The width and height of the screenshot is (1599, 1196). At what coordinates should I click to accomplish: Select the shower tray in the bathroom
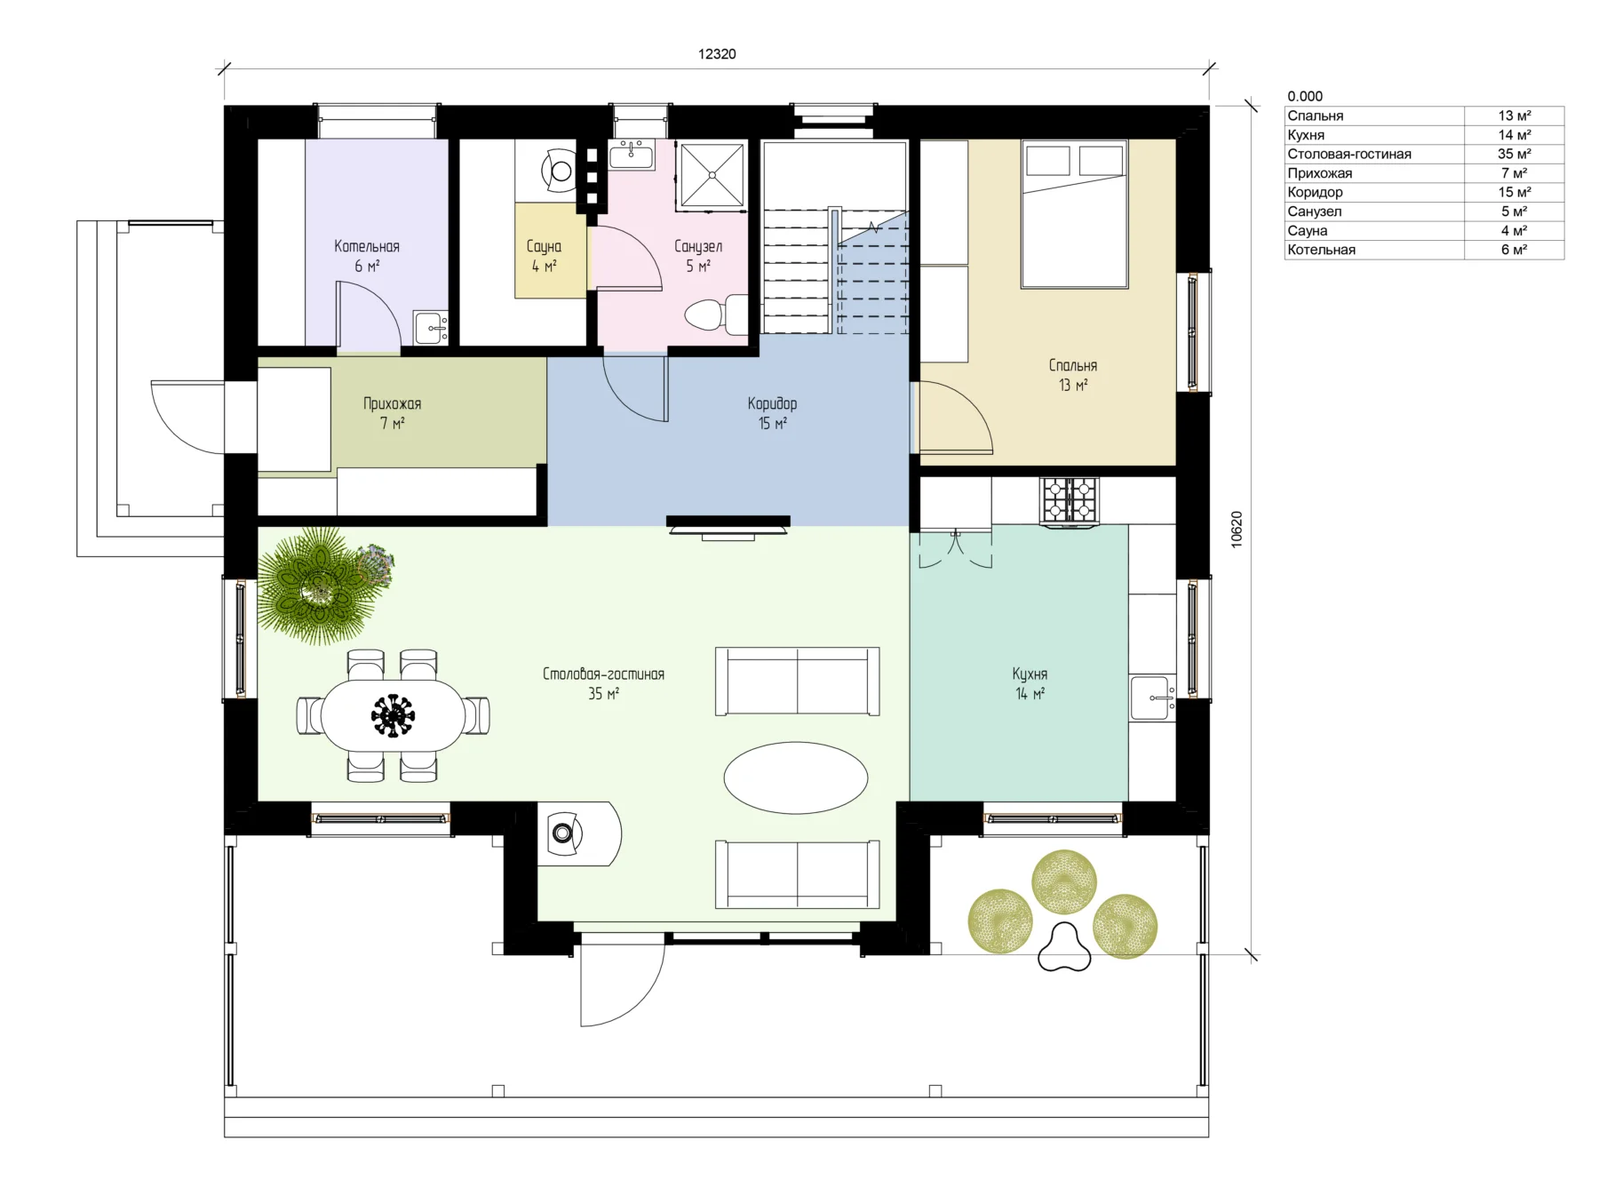712,175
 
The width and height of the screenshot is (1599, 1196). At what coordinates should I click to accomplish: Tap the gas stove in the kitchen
1070,499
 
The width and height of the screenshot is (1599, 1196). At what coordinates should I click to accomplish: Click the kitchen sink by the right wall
1152,698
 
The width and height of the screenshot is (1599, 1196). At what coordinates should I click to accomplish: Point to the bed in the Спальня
1074,214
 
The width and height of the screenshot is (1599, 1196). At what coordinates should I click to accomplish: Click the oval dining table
393,715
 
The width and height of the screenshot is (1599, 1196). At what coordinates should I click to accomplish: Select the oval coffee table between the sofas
796,777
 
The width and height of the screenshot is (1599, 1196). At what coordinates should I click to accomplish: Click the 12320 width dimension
717,54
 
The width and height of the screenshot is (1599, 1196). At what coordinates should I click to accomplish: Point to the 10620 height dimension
1237,530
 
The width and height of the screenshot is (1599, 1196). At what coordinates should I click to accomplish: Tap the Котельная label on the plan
367,246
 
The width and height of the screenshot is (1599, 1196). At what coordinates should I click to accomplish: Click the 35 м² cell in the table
1514,154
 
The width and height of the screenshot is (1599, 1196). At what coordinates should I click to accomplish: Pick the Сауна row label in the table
1308,230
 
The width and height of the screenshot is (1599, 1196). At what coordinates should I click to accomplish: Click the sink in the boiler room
431,327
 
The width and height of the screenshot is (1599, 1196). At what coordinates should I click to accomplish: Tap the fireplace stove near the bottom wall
579,833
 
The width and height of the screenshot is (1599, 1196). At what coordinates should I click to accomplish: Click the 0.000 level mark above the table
1305,96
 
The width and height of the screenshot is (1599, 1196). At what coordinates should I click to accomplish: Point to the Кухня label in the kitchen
1030,674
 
